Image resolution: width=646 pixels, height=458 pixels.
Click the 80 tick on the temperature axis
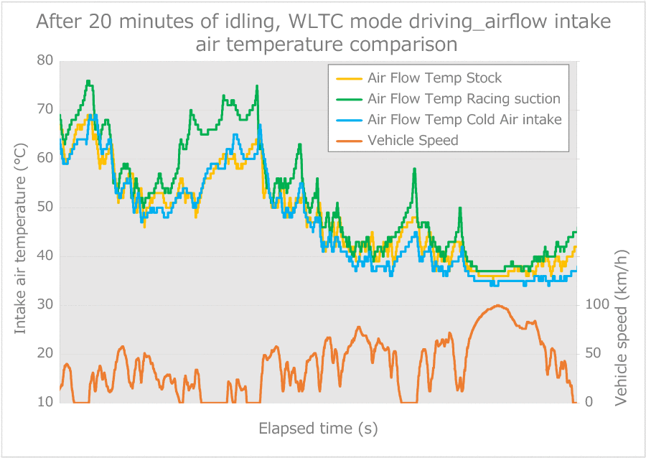click(45, 61)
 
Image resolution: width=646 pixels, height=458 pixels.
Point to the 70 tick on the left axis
click(45, 110)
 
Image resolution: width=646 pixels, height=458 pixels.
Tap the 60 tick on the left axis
click(45, 159)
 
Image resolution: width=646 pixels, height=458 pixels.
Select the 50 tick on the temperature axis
click(45, 207)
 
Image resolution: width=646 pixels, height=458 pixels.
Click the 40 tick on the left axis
click(45, 256)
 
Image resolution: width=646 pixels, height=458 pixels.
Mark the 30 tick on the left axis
click(45, 305)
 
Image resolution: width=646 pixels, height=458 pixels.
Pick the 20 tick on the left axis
click(45, 353)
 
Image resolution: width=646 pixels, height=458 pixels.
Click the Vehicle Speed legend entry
click(412, 140)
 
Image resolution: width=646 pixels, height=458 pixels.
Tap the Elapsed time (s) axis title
click(318, 429)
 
